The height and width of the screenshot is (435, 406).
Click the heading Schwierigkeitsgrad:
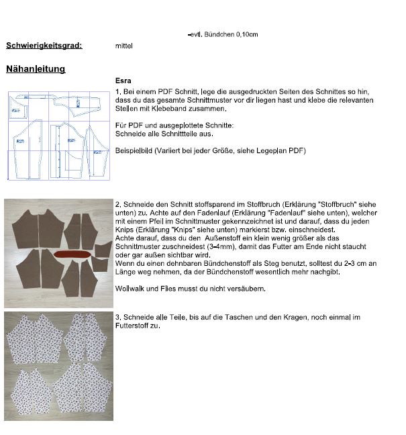[44, 46]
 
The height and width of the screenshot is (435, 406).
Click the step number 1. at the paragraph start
[118, 91]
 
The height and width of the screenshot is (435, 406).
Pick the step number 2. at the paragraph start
[118, 203]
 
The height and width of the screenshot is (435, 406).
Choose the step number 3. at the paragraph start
[118, 316]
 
